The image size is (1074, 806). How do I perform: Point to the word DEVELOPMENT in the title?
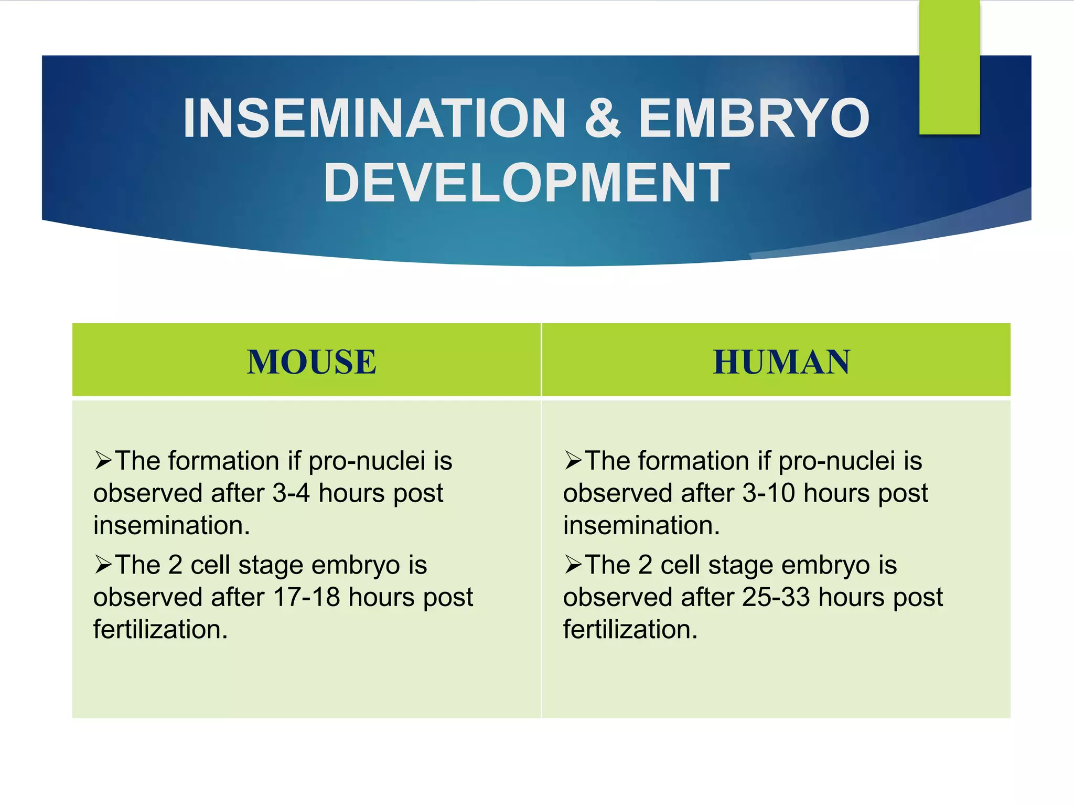click(527, 183)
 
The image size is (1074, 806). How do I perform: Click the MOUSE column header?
click(312, 362)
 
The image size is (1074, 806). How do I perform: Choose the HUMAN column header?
click(781, 362)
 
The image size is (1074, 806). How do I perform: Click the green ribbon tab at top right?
click(949, 67)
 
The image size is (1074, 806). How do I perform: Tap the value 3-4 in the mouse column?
click(291, 494)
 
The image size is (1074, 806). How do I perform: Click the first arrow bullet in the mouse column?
click(103, 461)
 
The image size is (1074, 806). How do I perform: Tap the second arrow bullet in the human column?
click(573, 565)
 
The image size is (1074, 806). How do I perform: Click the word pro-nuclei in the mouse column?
click(367, 461)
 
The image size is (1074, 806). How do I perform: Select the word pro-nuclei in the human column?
click(836, 461)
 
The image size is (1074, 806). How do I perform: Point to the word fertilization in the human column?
click(630, 630)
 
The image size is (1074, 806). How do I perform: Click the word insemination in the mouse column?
click(171, 526)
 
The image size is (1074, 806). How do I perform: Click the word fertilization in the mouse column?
click(160, 630)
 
